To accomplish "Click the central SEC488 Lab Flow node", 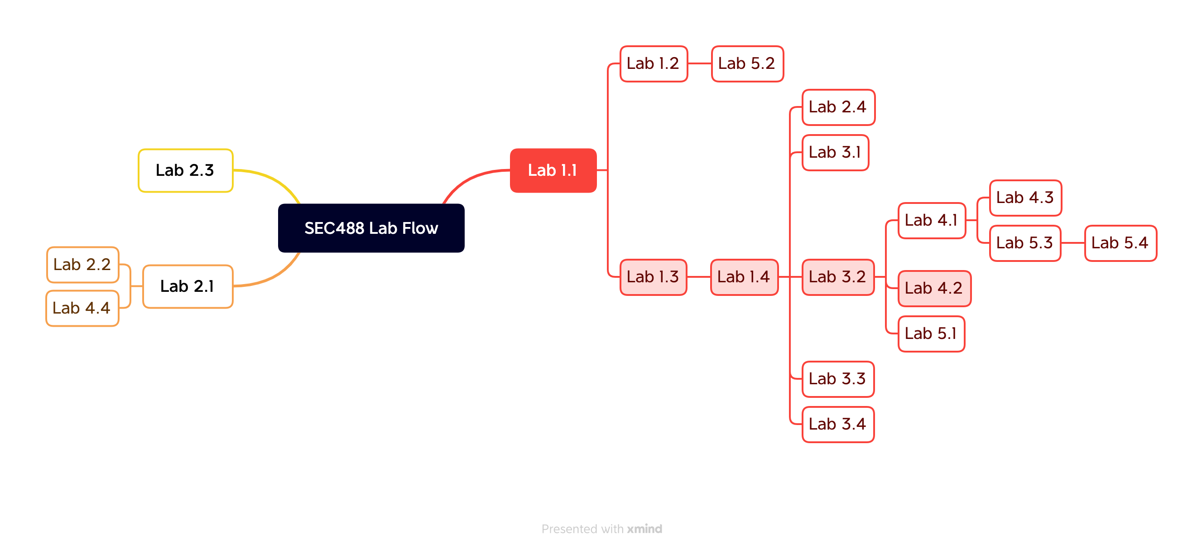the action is pyautogui.click(x=371, y=228).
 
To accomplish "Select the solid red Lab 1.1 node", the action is pyautogui.click(x=553, y=170).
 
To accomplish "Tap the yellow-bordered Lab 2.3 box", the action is pyautogui.click(x=185, y=170).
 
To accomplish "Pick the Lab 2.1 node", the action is pyautogui.click(x=188, y=286).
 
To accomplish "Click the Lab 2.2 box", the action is pyautogui.click(x=82, y=265).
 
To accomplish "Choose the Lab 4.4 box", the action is pyautogui.click(x=82, y=308).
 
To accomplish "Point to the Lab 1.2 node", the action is pyautogui.click(x=653, y=63).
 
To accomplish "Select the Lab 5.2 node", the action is pyautogui.click(x=747, y=63).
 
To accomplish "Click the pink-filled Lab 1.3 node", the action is pyautogui.click(x=653, y=277).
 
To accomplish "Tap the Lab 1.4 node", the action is pyautogui.click(x=744, y=277).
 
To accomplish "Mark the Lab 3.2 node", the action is pyautogui.click(x=838, y=277).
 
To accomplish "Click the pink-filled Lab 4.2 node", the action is pyautogui.click(x=934, y=288).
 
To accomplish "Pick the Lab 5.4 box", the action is pyautogui.click(x=1120, y=243).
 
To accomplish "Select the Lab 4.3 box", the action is pyautogui.click(x=1026, y=198).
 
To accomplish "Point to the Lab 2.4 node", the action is pyautogui.click(x=838, y=107).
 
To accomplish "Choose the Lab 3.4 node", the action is pyautogui.click(x=838, y=424).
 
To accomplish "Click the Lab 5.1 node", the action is pyautogui.click(x=931, y=333).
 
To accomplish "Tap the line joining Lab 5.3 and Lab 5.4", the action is pyautogui.click(x=1073, y=243).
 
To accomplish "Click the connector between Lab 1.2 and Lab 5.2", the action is pyautogui.click(x=699, y=63).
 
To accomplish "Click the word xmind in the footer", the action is pyautogui.click(x=644, y=529).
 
